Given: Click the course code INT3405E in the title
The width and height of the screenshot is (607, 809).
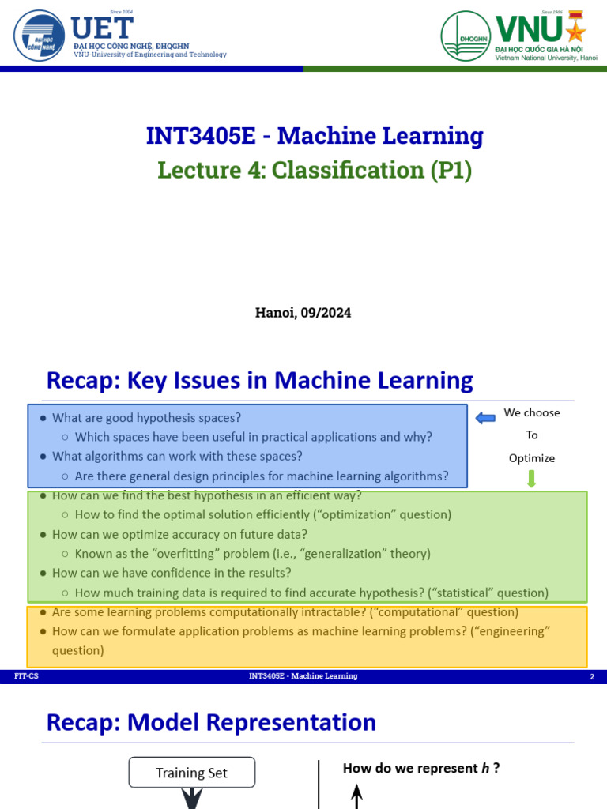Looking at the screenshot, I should [201, 136].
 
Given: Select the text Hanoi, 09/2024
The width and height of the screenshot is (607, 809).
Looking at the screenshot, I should [303, 312].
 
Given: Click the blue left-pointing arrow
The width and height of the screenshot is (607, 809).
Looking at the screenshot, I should [485, 418].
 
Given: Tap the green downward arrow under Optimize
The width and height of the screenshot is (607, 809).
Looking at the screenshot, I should [531, 479].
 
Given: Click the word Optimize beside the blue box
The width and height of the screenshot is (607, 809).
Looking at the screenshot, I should [531, 458].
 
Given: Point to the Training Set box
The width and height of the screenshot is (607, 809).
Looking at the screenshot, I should [191, 773].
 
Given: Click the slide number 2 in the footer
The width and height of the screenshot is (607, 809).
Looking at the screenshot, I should [591, 677].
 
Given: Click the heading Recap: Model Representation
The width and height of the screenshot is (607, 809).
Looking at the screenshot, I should [211, 722].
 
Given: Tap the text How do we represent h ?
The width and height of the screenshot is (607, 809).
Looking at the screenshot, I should [420, 768].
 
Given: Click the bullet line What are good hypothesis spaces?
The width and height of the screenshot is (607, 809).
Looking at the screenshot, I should [146, 417].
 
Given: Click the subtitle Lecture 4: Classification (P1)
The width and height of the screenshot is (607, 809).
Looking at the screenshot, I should [315, 170].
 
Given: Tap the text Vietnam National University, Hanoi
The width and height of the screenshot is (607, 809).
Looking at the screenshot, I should [552, 58].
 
